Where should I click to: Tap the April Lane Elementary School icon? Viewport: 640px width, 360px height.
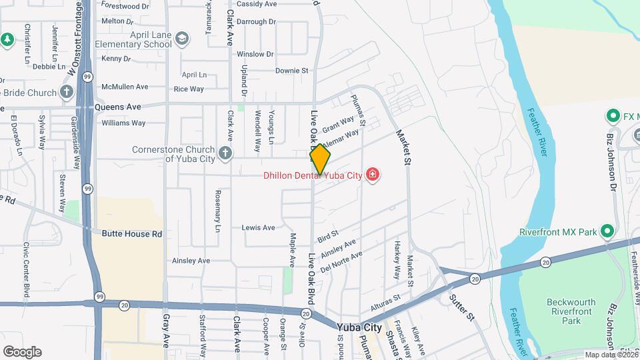[x=182, y=39]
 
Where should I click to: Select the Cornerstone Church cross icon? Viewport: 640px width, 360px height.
[x=225, y=154]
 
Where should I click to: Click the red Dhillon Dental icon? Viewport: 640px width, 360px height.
[x=372, y=176]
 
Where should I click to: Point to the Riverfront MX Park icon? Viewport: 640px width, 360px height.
[x=607, y=232]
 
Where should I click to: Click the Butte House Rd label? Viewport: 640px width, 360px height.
[x=132, y=234]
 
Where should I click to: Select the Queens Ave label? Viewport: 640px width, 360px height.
[x=118, y=107]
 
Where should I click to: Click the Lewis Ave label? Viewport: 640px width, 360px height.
[x=258, y=227]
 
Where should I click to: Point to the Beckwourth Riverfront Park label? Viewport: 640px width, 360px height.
[x=570, y=311]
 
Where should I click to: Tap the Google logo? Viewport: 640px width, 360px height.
[x=22, y=351]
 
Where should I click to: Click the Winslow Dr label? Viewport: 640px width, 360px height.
[x=255, y=54]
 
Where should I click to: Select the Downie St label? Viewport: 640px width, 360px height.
[x=291, y=70]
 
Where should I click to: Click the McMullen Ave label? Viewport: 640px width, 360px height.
[x=125, y=87]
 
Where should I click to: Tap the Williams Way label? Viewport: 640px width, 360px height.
[x=123, y=123]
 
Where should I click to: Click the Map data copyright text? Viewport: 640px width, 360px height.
[x=611, y=355]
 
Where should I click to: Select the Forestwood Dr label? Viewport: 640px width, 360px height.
[x=125, y=6]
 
